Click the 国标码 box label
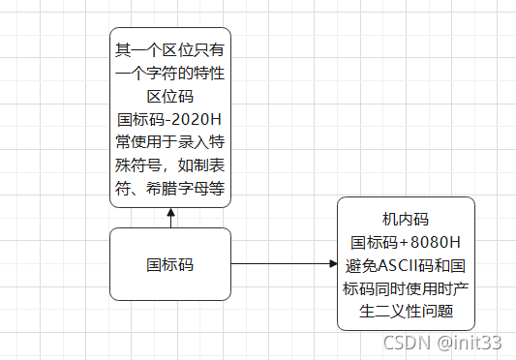(x=169, y=263)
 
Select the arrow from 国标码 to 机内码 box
(x=281, y=263)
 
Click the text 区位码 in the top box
(x=169, y=96)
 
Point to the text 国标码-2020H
(x=169, y=120)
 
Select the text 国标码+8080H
(x=405, y=242)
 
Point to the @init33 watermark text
(x=468, y=342)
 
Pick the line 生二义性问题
(x=405, y=312)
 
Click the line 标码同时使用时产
(x=405, y=288)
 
